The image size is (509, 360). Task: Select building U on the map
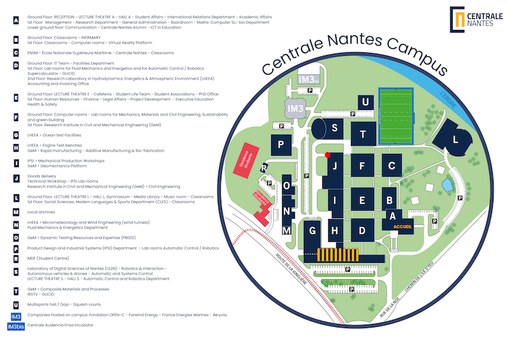coord(366,103)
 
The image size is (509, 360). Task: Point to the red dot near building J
coord(328,155)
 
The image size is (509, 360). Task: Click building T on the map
coord(364,133)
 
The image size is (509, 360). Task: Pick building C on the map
coord(391,165)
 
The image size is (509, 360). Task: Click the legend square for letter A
coord(16,20)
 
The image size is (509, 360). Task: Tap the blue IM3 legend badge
coord(16,317)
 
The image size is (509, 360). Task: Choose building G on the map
coord(313,231)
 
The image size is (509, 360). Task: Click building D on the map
coord(362,230)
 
